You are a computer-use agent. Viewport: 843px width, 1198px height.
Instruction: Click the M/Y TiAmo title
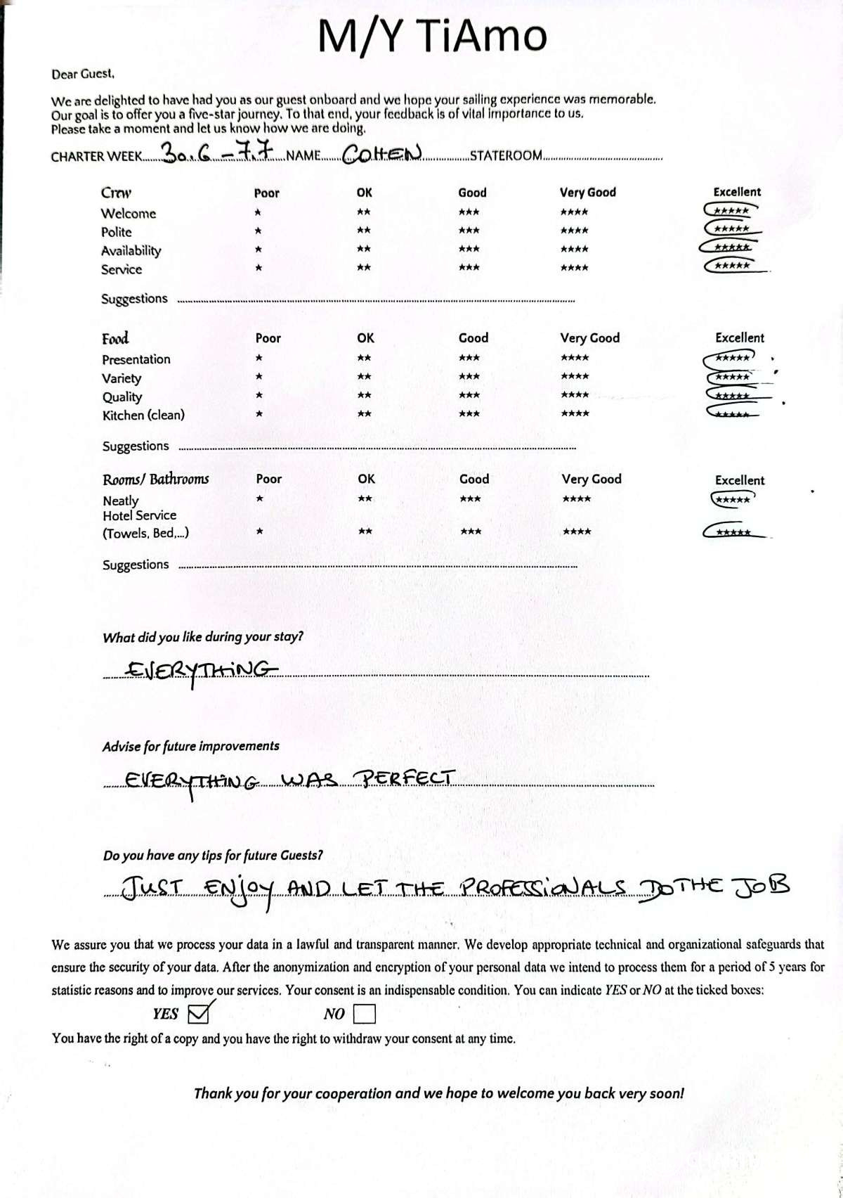431,36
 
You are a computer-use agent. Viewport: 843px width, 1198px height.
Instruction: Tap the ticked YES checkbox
200,1013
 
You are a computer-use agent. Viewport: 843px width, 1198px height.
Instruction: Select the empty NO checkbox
365,1014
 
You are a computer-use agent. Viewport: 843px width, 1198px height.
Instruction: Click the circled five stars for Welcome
731,210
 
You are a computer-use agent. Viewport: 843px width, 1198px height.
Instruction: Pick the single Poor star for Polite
259,231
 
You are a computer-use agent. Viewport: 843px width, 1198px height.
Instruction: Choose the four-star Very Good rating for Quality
575,395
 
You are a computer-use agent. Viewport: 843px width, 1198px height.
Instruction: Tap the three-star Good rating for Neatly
470,498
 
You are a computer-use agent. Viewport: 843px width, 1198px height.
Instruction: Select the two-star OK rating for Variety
364,377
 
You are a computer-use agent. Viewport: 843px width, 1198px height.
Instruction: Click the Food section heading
115,338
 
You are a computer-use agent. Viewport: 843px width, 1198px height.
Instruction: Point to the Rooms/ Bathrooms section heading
155,479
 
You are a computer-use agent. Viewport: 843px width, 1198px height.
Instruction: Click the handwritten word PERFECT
404,778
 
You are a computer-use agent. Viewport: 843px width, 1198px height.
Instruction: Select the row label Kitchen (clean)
143,416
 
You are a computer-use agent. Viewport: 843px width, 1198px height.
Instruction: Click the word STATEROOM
505,155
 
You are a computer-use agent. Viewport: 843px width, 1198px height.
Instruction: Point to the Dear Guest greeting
82,74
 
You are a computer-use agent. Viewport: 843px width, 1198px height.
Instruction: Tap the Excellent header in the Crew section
737,192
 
